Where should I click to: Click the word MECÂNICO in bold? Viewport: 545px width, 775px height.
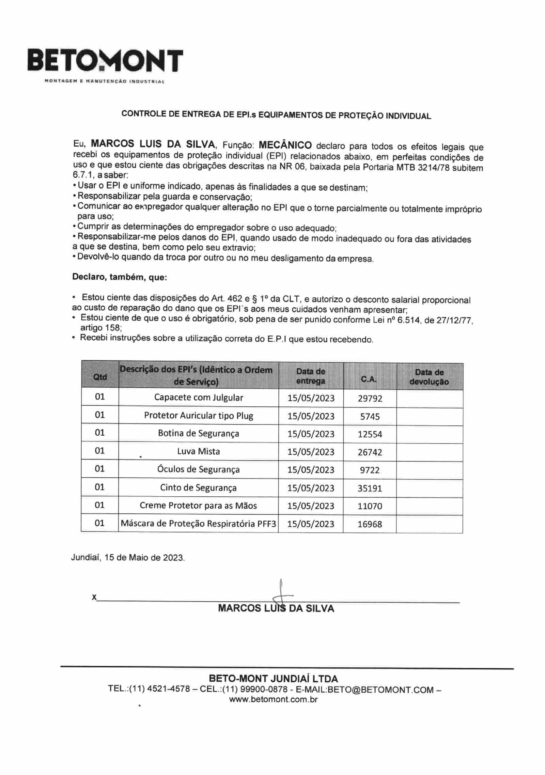pos(285,145)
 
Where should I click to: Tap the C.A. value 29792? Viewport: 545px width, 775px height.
pos(370,398)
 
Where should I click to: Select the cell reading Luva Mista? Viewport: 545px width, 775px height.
pos(199,451)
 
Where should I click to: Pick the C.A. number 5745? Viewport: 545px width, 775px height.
pos(370,416)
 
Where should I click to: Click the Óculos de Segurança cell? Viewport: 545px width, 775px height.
pos(199,469)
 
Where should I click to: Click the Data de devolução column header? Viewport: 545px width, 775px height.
pos(429,377)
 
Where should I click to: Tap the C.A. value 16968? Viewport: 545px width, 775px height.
pos(370,524)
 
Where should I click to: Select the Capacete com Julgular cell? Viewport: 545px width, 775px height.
pos(199,398)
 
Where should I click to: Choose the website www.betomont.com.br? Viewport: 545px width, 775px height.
pos(274,700)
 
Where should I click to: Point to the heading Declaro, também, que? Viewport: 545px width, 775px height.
pos(120,277)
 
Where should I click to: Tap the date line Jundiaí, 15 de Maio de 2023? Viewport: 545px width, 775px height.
pos(128,558)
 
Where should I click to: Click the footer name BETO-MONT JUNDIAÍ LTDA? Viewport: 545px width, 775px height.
pos(273,678)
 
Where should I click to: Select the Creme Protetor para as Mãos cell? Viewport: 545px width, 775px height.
pos(199,506)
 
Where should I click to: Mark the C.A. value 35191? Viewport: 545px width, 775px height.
pos(370,488)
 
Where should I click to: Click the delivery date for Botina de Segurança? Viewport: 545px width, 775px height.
pos(311,434)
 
